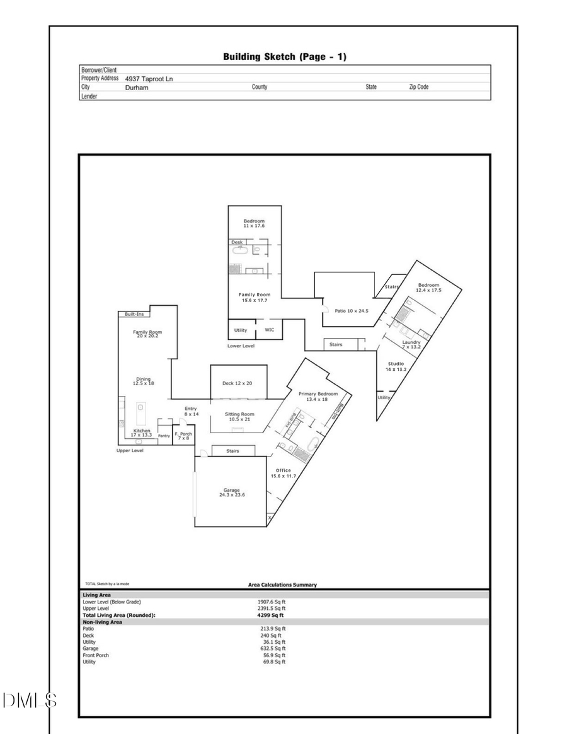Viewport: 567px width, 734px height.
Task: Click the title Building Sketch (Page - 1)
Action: [x=284, y=57]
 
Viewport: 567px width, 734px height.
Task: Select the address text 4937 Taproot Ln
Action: [x=149, y=79]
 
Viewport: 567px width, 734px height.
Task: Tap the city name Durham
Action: [x=136, y=88]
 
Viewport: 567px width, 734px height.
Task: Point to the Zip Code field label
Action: [x=418, y=87]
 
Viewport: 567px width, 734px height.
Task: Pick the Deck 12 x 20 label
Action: [x=238, y=383]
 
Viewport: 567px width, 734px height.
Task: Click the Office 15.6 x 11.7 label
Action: [x=283, y=473]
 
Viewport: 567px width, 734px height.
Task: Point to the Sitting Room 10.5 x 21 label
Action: [x=239, y=416]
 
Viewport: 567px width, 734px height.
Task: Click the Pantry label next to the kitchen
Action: [x=164, y=435]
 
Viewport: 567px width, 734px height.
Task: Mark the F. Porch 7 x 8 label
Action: [x=183, y=435]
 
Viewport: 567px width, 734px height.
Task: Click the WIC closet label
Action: [x=269, y=329]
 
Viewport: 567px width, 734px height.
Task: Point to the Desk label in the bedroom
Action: [x=237, y=242]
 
